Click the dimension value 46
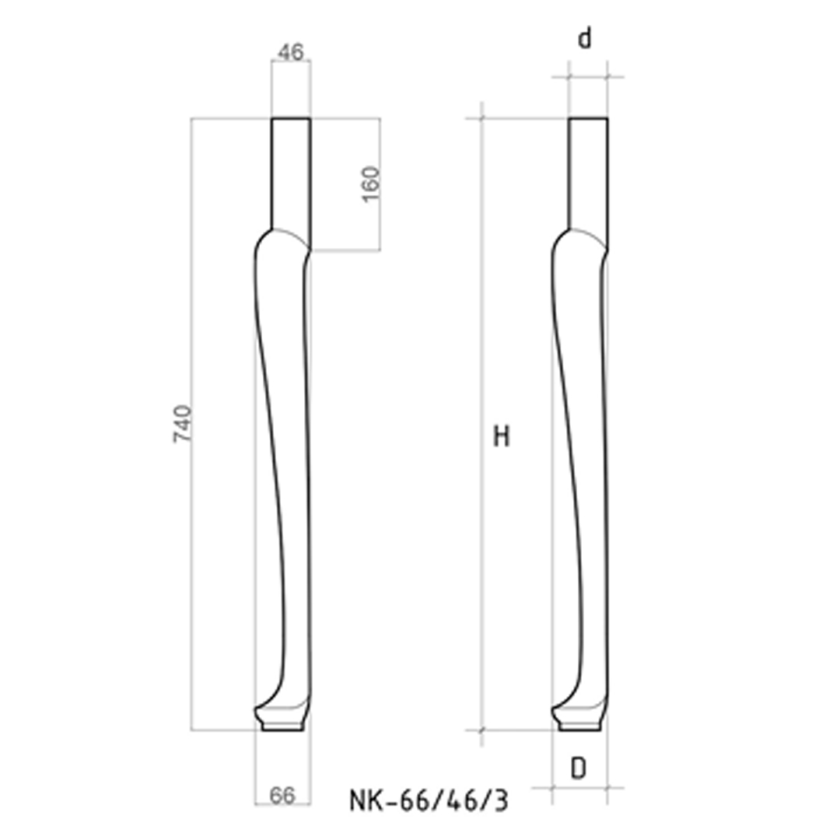[x=291, y=53]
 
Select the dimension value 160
[x=371, y=184]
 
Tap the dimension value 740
[x=181, y=424]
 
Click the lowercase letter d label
[x=584, y=40]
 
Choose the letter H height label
[x=502, y=437]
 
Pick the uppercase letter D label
[x=579, y=769]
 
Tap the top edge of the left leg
[x=291, y=118]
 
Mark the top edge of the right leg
[x=588, y=118]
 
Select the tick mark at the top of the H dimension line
[x=483, y=118]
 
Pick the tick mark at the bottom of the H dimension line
[x=483, y=730]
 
